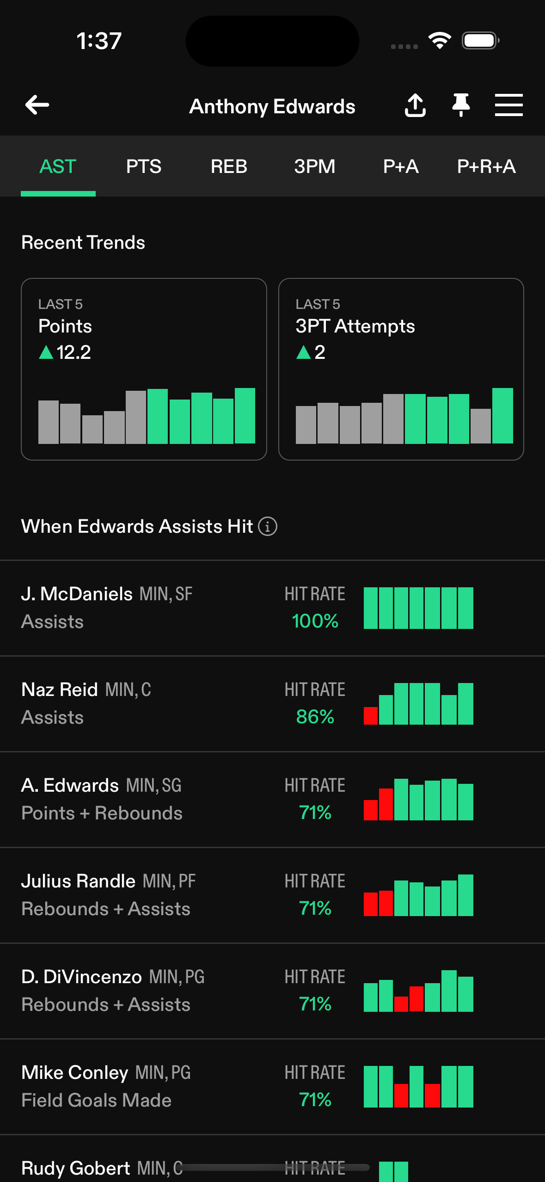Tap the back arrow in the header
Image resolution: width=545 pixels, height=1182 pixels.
tap(37, 105)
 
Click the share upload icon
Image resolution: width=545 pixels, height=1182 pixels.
tap(415, 105)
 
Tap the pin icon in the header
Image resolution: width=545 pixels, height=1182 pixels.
tap(461, 105)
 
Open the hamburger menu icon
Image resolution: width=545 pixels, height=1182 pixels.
tap(508, 105)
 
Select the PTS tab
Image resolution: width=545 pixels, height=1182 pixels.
tap(144, 166)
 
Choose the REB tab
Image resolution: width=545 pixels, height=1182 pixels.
tap(229, 166)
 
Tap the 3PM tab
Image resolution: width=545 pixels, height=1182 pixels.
tap(315, 166)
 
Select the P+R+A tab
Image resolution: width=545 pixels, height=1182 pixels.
tap(486, 166)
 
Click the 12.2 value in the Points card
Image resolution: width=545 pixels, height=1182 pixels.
tap(73, 352)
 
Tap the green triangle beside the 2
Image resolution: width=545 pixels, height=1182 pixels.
tap(303, 352)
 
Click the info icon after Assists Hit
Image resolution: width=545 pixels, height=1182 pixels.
tap(268, 526)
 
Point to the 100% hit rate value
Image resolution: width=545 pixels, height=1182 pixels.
tap(315, 621)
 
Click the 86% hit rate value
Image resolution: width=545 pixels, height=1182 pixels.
tap(315, 717)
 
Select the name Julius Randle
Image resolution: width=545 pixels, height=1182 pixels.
tap(78, 881)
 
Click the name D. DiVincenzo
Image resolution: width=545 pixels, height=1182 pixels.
tap(81, 977)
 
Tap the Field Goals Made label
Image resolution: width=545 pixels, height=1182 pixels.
tap(97, 1100)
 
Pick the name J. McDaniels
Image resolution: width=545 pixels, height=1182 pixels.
tap(77, 594)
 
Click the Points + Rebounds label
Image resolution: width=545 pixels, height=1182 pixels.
tap(102, 813)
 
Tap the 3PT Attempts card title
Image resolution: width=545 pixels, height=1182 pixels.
tap(355, 326)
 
